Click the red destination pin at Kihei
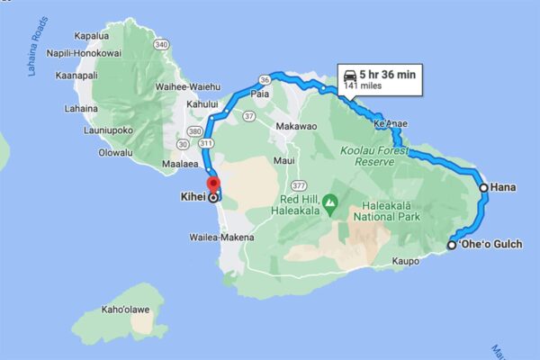tap(213, 185)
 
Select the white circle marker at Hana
tap(484, 188)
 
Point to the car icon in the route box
tap(347, 76)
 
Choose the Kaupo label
tap(407, 262)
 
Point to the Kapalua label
tap(91, 37)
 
